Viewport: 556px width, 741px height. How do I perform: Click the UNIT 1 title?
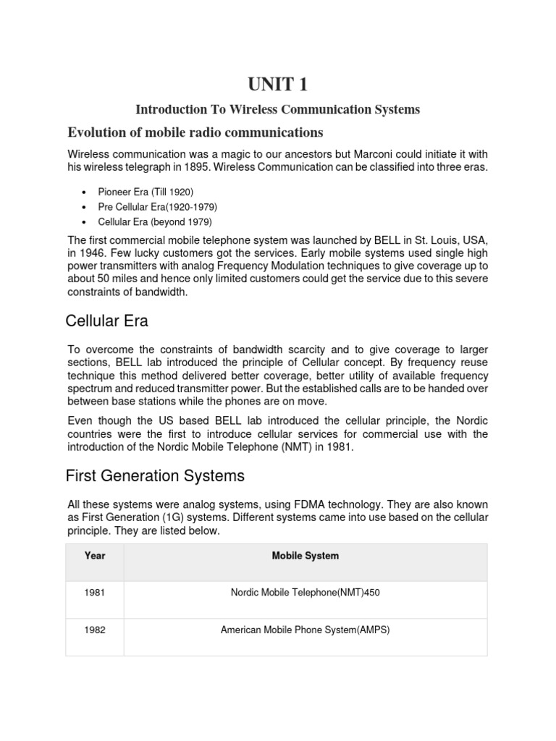tap(278, 85)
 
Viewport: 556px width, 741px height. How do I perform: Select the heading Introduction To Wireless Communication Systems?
tap(278, 110)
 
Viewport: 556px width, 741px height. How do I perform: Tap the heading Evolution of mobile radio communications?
tap(195, 132)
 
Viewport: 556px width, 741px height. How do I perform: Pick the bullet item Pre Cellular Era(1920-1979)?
tap(158, 207)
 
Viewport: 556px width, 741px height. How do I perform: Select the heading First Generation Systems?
tap(155, 476)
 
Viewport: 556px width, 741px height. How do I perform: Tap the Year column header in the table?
tap(95, 556)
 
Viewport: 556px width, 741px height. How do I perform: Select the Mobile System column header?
tap(305, 556)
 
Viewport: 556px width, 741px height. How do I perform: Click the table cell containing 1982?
tap(95, 630)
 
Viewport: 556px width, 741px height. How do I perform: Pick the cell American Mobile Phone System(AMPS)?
tap(305, 630)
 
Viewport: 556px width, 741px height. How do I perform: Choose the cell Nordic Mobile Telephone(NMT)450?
tap(305, 593)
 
